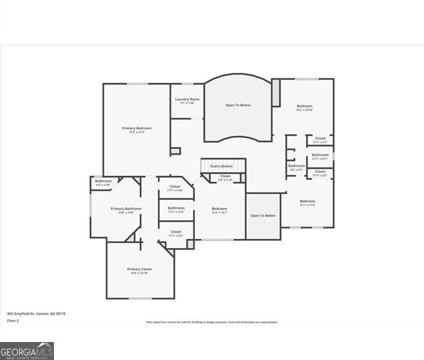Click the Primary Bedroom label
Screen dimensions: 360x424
click(137, 128)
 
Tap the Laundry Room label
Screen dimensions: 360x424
click(187, 99)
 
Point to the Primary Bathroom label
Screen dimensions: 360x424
click(126, 209)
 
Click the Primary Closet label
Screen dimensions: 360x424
click(139, 269)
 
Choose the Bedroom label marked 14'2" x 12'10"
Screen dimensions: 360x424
click(304, 106)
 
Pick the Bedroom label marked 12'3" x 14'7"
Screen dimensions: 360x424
click(219, 209)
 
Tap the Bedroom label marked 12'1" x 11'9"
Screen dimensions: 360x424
click(308, 201)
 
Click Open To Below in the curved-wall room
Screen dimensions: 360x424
click(238, 105)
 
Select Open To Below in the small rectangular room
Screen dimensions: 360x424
click(263, 215)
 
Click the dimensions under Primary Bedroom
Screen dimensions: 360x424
click(137, 132)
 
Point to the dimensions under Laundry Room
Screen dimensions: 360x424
click(187, 103)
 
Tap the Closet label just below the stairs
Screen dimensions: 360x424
click(225, 176)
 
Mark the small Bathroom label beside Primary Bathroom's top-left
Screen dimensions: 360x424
click(103, 181)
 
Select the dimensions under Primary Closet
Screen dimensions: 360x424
click(139, 274)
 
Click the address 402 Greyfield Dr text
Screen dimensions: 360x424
click(36, 313)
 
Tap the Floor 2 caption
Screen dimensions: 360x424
click(14, 321)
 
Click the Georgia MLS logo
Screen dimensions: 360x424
click(27, 351)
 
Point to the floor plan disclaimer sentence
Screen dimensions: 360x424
click(212, 322)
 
